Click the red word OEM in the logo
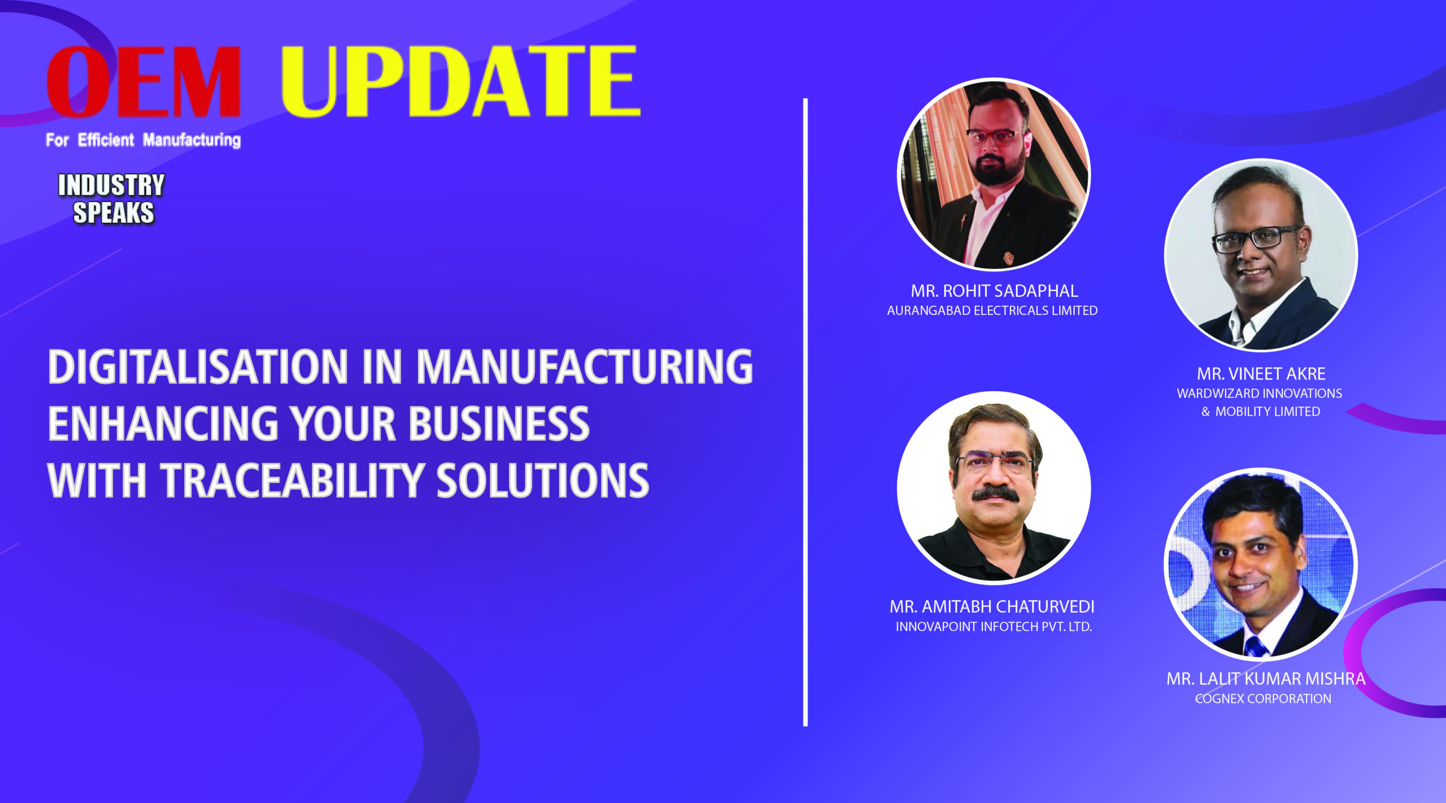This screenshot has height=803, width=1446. (144, 81)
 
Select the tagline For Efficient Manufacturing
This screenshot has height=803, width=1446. (143, 140)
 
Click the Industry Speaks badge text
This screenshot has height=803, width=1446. (112, 199)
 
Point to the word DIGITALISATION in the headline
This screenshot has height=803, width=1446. (198, 366)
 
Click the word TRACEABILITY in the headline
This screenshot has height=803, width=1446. (292, 481)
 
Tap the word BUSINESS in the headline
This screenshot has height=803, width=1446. (499, 424)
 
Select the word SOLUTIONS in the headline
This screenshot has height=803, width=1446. (543, 481)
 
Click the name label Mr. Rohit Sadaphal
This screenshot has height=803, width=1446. (994, 291)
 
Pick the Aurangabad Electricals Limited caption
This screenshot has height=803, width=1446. (992, 311)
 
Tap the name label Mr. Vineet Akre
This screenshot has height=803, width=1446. (1261, 374)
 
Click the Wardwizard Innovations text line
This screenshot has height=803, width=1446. (1260, 394)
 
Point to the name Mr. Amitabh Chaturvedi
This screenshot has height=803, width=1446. (992, 606)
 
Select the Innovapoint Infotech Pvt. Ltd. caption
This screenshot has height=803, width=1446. (994, 627)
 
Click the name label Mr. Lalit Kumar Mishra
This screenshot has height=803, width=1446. (1266, 678)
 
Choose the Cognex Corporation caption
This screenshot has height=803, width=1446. (1263, 699)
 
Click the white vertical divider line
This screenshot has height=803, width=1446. (805, 412)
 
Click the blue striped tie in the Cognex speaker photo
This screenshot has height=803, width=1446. (1255, 646)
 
